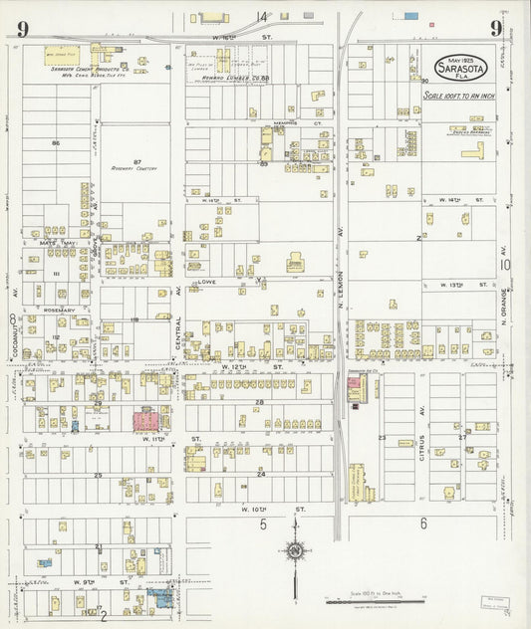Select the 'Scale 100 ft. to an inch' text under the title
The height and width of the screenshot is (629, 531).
[x=458, y=96]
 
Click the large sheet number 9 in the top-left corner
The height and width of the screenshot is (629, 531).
[x=22, y=28]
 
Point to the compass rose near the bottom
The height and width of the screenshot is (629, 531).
[x=296, y=550]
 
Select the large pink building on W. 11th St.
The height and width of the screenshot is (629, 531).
[x=147, y=419]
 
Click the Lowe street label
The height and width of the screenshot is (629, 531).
[x=207, y=282]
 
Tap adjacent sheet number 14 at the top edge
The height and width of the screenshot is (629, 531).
[x=262, y=17]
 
